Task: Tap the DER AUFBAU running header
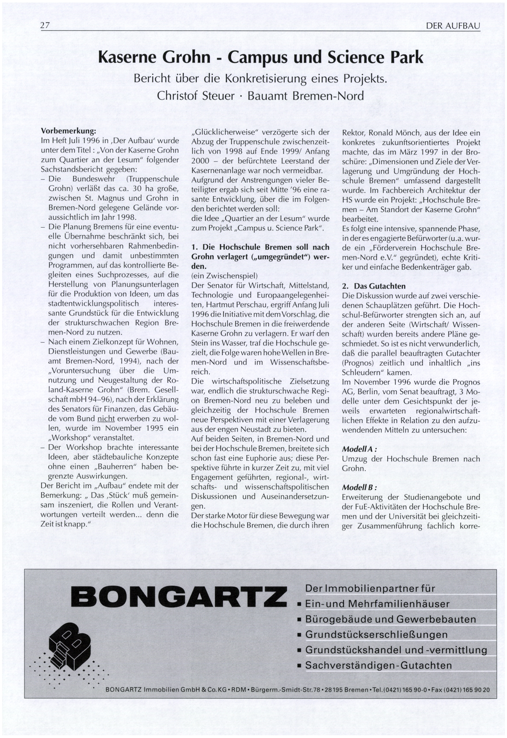click(453, 26)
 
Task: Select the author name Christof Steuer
click(196, 96)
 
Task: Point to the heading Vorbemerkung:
click(68, 131)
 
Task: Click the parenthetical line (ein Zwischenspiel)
click(224, 276)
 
